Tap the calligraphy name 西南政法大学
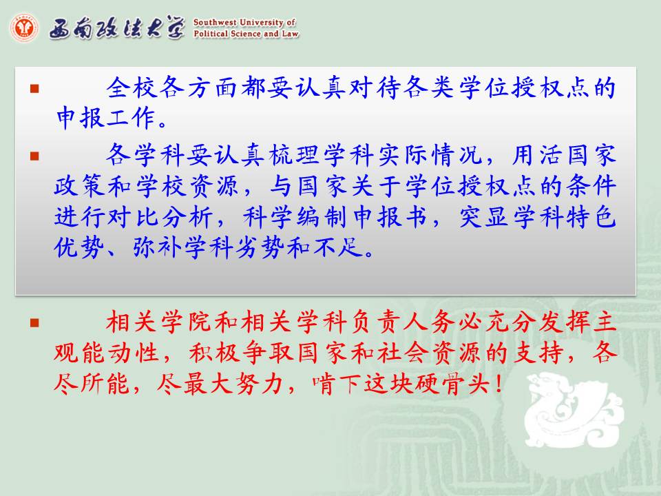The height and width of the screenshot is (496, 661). tap(117, 28)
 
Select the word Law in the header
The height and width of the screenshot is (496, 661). tap(290, 33)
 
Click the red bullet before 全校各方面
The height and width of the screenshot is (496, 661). tap(34, 88)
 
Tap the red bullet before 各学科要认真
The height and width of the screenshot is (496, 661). tap(34, 156)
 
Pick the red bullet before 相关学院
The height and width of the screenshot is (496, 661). tap(34, 323)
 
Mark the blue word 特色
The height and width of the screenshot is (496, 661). tap(591, 217)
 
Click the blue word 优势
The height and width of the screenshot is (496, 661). tap(79, 247)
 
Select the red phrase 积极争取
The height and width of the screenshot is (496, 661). tap(241, 353)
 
